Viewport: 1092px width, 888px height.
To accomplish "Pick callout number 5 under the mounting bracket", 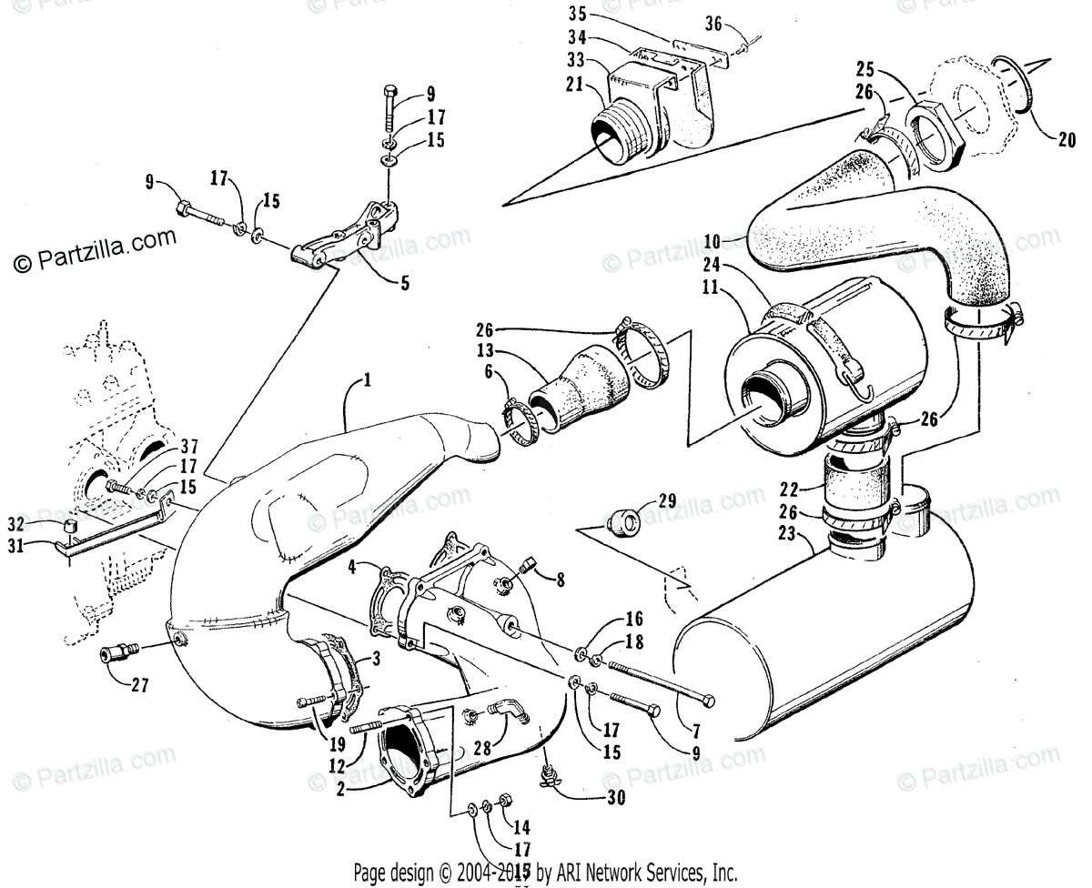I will (x=405, y=283).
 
